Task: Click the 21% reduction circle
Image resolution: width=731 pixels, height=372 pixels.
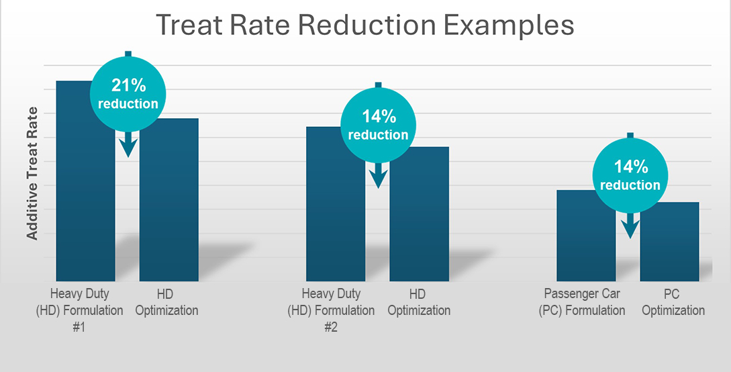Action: point(128,93)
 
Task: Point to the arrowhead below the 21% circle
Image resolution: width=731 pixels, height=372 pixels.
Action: point(128,148)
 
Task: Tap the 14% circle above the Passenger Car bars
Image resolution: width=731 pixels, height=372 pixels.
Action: point(630,175)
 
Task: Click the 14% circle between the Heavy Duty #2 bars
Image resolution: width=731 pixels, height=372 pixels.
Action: point(378,125)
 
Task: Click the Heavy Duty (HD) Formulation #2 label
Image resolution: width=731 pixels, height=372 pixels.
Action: point(331,310)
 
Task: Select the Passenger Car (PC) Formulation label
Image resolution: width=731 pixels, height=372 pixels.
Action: point(582,302)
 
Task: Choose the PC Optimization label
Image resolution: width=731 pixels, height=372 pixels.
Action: point(673,302)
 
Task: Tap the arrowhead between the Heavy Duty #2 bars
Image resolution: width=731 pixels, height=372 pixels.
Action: point(378,177)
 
